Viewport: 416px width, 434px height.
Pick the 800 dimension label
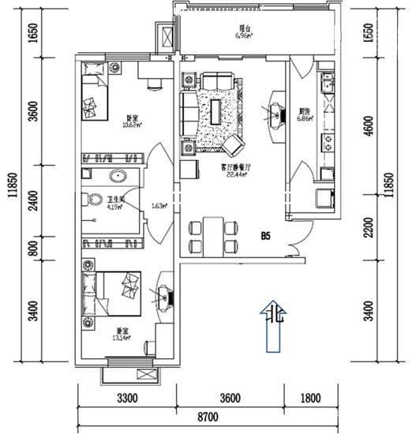pos(32,249)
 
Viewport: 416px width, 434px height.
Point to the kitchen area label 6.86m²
pos(305,118)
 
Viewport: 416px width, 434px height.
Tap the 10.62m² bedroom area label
pos(106,125)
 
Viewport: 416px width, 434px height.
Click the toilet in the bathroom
pos(94,200)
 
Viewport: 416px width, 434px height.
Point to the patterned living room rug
pos(216,118)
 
